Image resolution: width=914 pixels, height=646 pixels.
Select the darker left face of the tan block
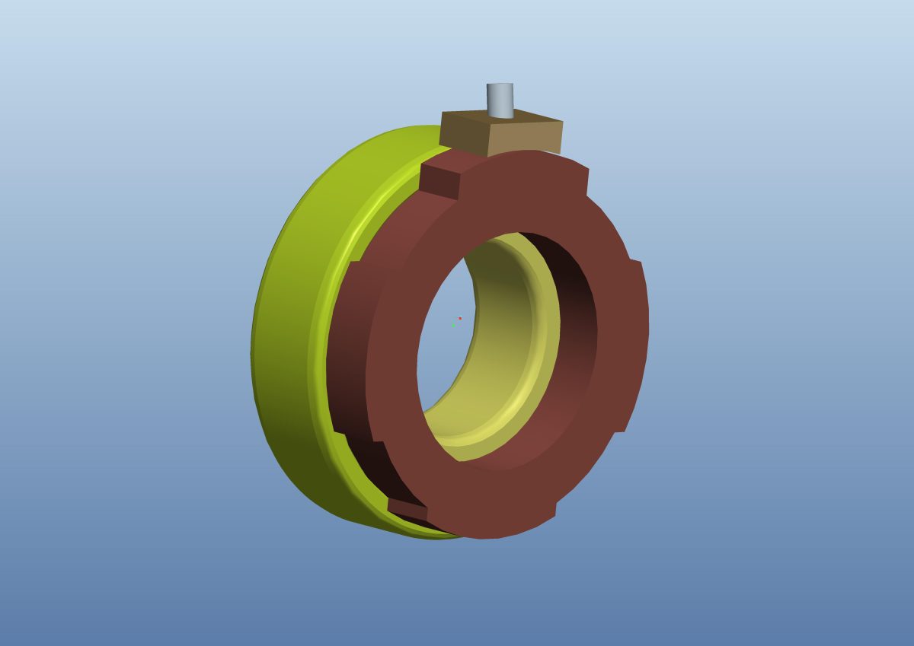tap(462, 134)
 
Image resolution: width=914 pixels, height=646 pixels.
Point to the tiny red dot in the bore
tap(460, 318)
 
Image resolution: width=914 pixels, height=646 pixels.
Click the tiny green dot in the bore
tap(453, 325)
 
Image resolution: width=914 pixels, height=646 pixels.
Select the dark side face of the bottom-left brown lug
tap(407, 508)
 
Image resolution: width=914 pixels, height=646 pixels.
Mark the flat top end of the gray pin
tap(500, 86)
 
